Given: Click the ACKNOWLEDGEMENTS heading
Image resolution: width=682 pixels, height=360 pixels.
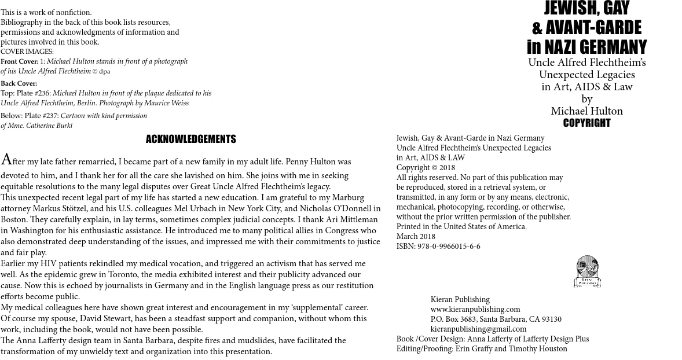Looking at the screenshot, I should [190, 139].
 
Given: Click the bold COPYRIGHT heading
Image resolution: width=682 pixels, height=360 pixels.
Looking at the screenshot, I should [586, 123].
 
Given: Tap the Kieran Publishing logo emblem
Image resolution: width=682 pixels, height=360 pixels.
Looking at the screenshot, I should [586, 271].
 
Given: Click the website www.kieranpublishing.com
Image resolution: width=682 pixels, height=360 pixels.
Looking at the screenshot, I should [475, 310].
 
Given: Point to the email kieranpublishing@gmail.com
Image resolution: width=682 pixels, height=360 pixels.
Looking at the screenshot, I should [478, 329].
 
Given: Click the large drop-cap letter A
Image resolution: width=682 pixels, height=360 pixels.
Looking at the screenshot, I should [6, 160].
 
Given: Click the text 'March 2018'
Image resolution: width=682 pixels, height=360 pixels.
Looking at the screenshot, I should [416, 237].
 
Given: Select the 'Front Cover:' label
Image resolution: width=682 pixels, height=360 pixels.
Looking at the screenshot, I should [19, 62].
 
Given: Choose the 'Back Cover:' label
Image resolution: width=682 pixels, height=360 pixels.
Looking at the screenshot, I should [19, 84].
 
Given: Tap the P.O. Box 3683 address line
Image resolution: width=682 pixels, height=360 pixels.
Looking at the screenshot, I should [496, 319].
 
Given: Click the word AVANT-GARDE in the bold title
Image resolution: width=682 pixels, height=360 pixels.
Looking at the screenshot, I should [593, 27].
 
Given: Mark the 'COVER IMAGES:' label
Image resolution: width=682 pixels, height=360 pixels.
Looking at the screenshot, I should [27, 52].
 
